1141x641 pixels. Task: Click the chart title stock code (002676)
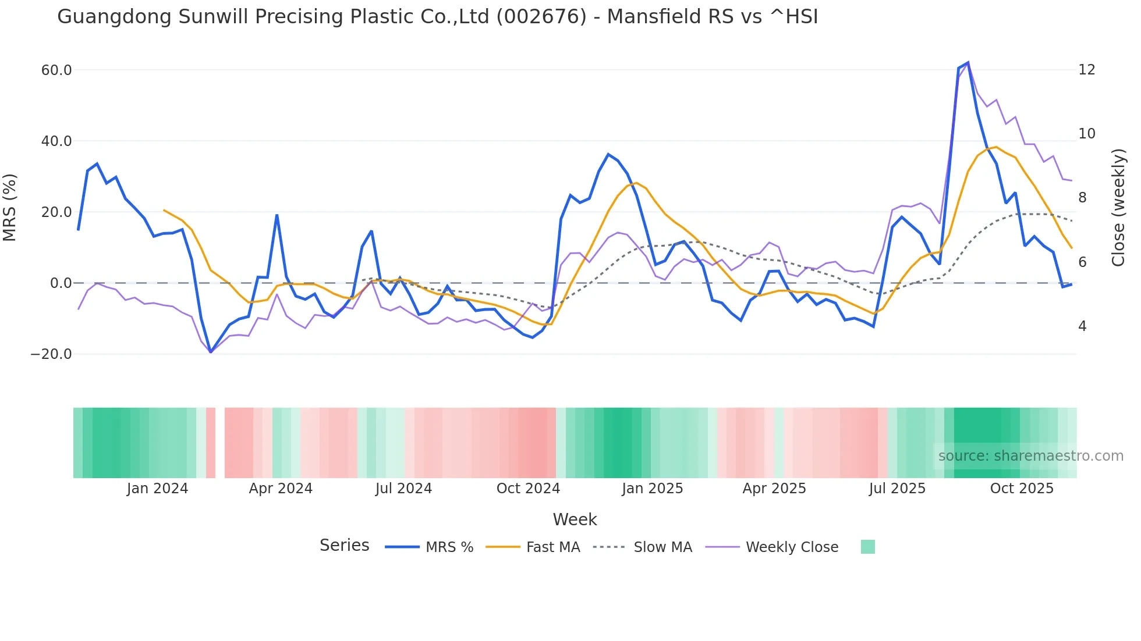pos(541,17)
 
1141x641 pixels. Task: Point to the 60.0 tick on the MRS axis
pos(56,70)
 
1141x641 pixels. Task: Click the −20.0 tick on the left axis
pos(51,354)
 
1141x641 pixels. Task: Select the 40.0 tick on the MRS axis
pos(56,141)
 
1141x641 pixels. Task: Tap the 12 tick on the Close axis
pos(1086,70)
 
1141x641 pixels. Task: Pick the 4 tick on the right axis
pos(1082,326)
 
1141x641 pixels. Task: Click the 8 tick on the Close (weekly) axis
pos(1082,198)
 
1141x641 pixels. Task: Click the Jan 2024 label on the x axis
pos(157,489)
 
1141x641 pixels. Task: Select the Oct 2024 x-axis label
pos(528,489)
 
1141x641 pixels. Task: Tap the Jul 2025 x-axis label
pos(897,489)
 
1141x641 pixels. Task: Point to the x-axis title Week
pos(575,519)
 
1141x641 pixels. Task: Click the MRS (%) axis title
pos(10,208)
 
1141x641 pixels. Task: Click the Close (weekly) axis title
pos(1118,208)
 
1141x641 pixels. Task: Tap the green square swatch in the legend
pos(867,547)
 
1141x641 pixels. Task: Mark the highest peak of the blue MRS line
pos(968,62)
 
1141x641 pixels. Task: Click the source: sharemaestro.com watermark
pos(1030,456)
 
